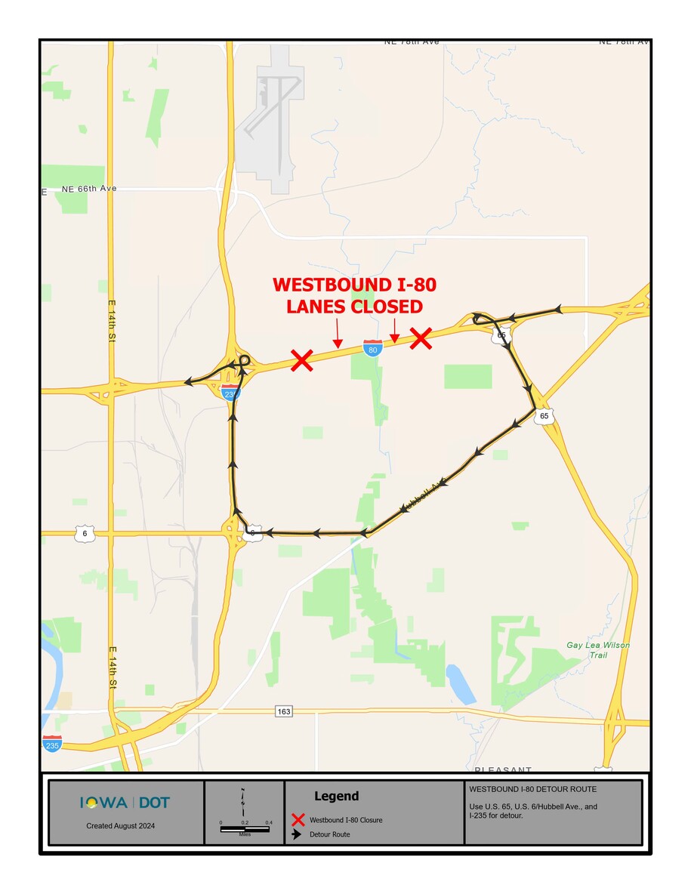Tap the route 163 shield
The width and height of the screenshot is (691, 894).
pos(283,711)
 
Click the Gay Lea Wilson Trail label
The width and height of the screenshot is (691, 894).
pos(598,650)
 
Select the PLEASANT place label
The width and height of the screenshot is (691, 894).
pos(503,769)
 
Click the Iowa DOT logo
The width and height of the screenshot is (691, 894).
pos(125,803)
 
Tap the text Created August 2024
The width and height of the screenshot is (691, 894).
pos(121,826)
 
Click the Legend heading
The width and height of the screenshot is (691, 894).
pos(336,796)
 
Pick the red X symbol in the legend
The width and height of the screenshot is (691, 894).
pos(298,820)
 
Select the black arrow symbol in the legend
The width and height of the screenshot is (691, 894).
pos(298,835)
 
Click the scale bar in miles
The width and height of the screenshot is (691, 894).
pos(245,828)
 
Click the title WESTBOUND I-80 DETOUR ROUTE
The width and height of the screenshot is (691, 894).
pos(532,789)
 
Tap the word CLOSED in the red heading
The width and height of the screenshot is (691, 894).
pos(386,307)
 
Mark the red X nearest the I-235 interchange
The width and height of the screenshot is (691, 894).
pos(302,360)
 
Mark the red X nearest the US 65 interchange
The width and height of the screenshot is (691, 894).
pos(421,338)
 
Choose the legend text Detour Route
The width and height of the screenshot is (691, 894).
pos(330,835)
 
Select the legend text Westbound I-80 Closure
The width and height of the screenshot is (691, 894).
pos(346,820)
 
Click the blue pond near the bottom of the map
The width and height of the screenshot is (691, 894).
pos(460,683)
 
